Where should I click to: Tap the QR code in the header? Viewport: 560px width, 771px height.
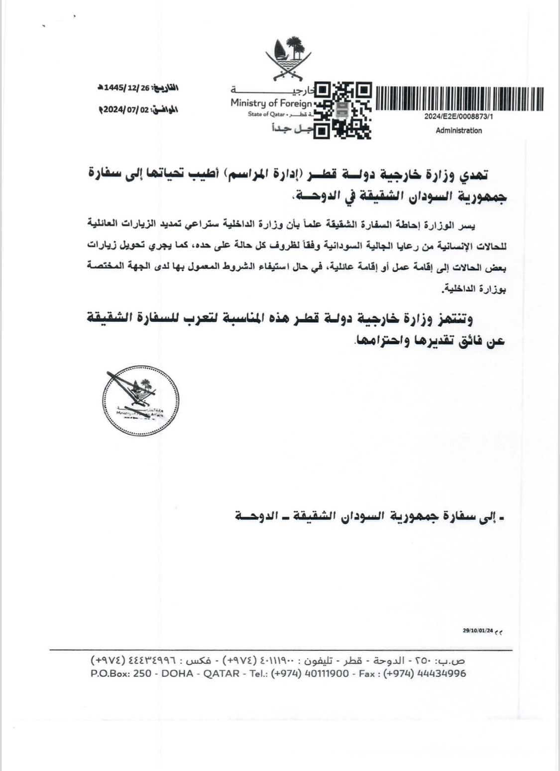point(343,110)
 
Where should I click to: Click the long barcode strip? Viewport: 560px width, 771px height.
point(459,99)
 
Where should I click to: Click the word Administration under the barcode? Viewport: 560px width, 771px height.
point(458,131)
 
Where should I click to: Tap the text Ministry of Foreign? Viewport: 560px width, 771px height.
point(271,103)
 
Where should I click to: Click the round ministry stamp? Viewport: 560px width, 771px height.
point(140,400)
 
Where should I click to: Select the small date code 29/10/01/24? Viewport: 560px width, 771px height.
point(477,631)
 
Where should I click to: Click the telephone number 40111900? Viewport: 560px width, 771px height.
point(324,674)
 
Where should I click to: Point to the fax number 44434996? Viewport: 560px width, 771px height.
point(441,674)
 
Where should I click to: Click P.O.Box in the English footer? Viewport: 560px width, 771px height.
point(110,674)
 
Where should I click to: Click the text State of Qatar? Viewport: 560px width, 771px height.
point(265,115)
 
